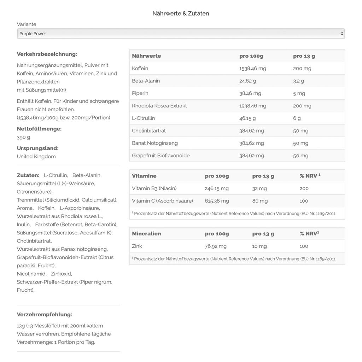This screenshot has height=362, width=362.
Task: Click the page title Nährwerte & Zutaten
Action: coord(181,13)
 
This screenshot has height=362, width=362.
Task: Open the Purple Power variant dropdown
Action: coord(181,34)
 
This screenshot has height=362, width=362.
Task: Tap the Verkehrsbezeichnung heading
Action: coord(47,54)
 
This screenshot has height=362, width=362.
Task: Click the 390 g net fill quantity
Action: coord(23,137)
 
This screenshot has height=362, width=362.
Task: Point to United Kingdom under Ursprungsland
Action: coord(36,156)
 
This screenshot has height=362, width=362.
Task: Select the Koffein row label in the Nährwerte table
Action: coord(140,68)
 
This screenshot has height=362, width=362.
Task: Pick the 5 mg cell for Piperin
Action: coord(299,93)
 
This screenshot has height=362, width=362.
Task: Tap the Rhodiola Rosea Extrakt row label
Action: coord(159,106)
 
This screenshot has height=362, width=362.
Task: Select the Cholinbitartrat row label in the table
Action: coord(148,131)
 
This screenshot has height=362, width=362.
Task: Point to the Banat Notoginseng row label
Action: coord(154,143)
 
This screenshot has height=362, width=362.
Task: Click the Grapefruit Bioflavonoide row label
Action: coord(160,156)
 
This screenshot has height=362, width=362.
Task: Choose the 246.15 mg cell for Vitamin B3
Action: coord(217,188)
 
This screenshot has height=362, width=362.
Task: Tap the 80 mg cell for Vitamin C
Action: coord(260,201)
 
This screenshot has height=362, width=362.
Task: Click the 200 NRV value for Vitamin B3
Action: coord(304,188)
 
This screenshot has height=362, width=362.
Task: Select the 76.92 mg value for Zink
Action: coord(216,246)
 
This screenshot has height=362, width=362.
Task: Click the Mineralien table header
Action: coord(146,234)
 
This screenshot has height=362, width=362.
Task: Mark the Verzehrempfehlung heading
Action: coord(44,314)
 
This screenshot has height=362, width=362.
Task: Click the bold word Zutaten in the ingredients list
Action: coord(28,175)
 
